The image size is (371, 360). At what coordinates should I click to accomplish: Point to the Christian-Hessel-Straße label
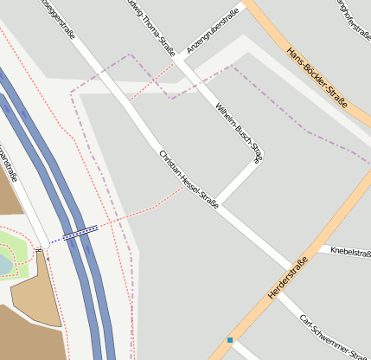[189, 180]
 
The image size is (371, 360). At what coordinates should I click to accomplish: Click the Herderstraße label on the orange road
[288, 280]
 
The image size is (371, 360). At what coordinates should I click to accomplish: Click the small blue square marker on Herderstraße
[230, 339]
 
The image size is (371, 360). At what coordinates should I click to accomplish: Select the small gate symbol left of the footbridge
[39, 250]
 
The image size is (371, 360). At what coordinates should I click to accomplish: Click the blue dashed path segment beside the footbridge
[59, 238]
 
